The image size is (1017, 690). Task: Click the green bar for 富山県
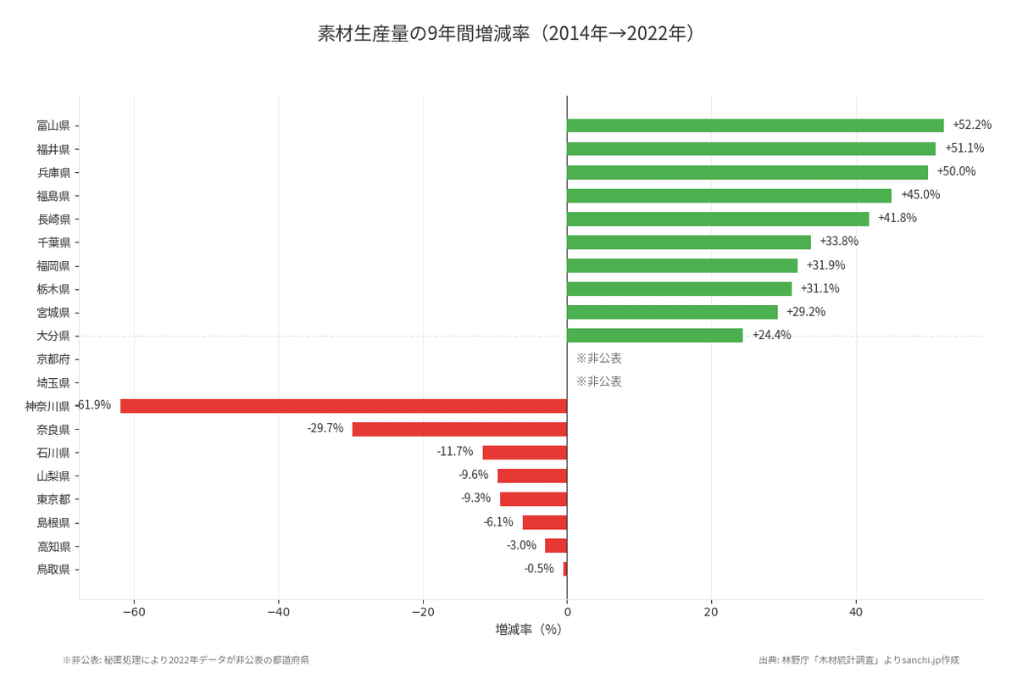coord(754,125)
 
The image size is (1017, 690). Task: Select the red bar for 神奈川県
coord(343,406)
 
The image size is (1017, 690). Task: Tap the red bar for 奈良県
coord(459,429)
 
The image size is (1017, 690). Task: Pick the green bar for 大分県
coord(654,336)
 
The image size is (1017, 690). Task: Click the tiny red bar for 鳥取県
coord(565,569)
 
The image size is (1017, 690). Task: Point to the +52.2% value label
coord(971,125)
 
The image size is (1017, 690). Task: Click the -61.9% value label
coord(94,405)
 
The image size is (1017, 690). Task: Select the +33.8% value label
coord(838,242)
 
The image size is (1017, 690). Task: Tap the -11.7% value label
coord(454,452)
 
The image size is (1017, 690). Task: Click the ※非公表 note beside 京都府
coord(598,359)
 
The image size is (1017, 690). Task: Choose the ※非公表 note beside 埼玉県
coord(598,381)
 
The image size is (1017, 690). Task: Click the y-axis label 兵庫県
coord(53,172)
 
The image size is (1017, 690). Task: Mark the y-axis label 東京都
coord(53,499)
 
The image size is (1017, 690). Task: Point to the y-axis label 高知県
coord(53,546)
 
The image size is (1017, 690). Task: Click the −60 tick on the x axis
coord(134,613)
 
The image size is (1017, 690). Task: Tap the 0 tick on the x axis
coord(567,613)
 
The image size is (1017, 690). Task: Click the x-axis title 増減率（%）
coord(529,630)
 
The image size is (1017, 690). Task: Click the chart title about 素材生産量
coord(508,34)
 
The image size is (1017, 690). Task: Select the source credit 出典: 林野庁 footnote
coord(859,659)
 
